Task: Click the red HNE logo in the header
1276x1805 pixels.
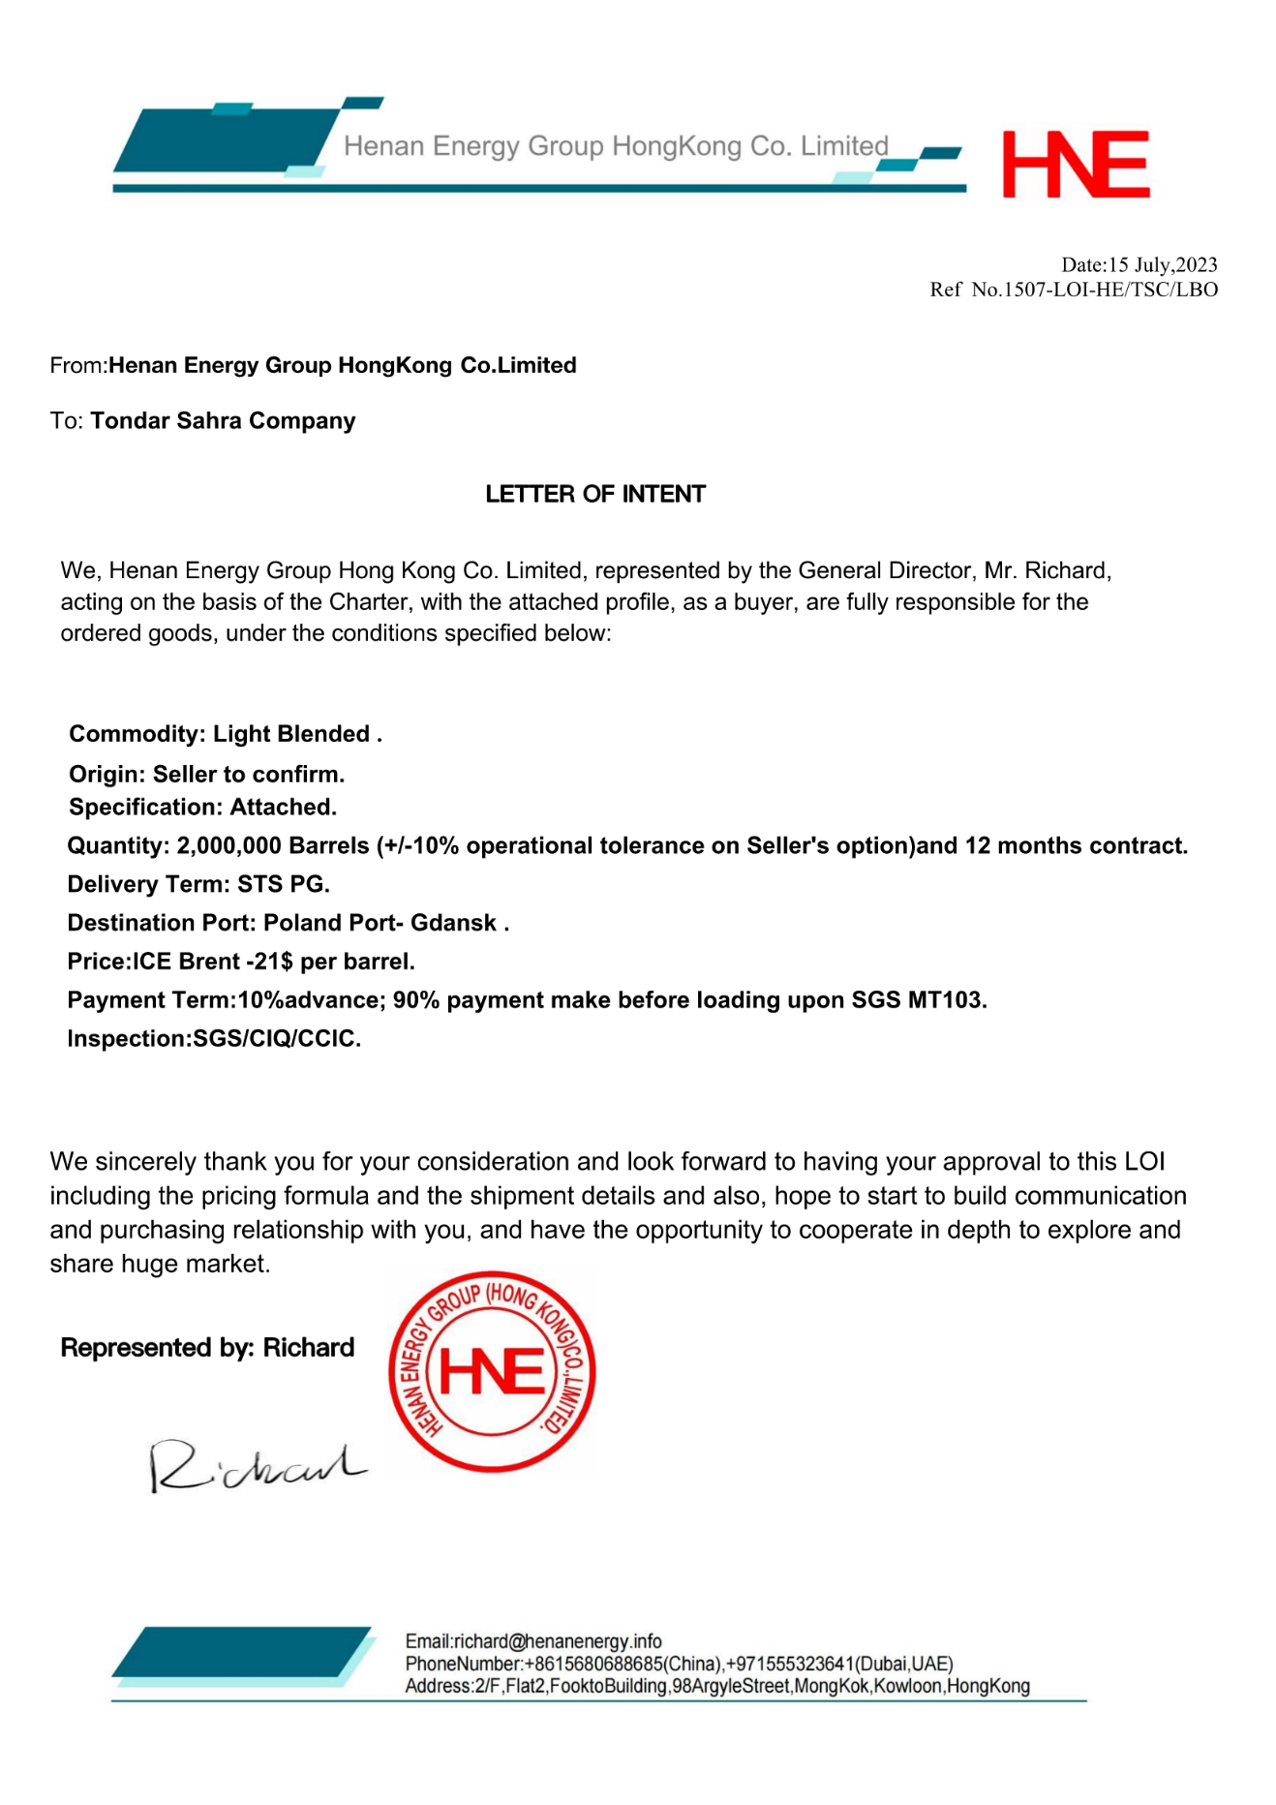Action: click(x=1076, y=165)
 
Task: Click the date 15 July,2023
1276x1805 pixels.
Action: click(x=1163, y=265)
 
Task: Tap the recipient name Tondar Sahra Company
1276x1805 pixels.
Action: click(x=223, y=421)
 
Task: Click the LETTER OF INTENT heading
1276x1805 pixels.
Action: click(x=595, y=495)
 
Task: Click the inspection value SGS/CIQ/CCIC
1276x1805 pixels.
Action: click(x=276, y=1039)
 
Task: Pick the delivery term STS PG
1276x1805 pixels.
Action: click(x=283, y=884)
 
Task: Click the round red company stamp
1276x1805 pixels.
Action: click(x=492, y=1372)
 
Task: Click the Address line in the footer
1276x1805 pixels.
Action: click(x=716, y=1686)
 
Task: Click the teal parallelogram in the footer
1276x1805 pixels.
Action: click(x=242, y=1654)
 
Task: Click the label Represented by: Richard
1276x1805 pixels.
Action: click(x=207, y=1348)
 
